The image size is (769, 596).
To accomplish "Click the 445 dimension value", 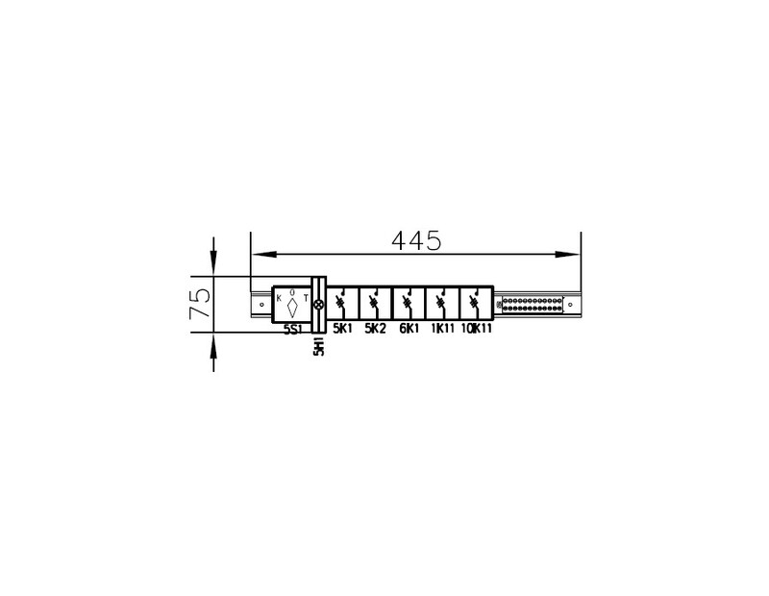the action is [x=416, y=240].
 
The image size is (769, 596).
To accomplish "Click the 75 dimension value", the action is [x=201, y=303].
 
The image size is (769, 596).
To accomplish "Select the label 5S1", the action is [x=293, y=330].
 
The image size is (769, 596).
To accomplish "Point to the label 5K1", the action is [x=343, y=329].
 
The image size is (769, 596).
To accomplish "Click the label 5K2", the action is [x=375, y=329].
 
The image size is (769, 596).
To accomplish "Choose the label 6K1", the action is [x=409, y=329].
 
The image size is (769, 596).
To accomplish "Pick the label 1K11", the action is [x=443, y=329].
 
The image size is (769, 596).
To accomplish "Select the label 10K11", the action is [x=476, y=329].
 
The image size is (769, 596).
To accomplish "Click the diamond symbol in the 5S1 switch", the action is [x=293, y=308].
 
